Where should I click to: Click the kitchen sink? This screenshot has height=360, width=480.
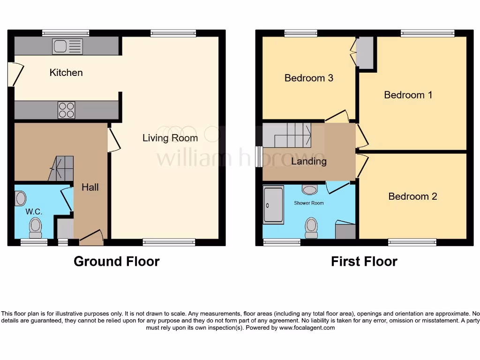(x=67, y=46)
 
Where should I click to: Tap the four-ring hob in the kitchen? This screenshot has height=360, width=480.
(x=66, y=110)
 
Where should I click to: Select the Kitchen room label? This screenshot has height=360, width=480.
(x=66, y=73)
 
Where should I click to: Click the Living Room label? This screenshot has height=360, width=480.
(x=170, y=138)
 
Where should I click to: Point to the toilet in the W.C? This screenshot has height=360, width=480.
(x=35, y=228)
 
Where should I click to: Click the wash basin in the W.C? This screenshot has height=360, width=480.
(x=20, y=198)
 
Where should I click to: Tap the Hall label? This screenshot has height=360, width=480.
(x=90, y=187)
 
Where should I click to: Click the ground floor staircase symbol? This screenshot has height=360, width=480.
(x=61, y=168)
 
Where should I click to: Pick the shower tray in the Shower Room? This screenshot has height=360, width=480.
(x=273, y=205)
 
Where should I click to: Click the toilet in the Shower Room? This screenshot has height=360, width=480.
(x=311, y=227)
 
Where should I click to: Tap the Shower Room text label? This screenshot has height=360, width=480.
(x=309, y=203)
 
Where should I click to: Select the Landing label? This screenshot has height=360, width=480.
(x=309, y=162)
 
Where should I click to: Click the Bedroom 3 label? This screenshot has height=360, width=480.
(x=309, y=78)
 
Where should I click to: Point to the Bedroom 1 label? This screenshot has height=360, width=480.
(x=408, y=95)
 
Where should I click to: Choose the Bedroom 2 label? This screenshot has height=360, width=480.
(x=412, y=196)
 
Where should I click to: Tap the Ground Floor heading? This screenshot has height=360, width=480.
(x=116, y=262)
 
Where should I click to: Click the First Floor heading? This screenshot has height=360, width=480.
(x=364, y=262)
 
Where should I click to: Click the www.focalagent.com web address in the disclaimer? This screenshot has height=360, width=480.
(x=307, y=328)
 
